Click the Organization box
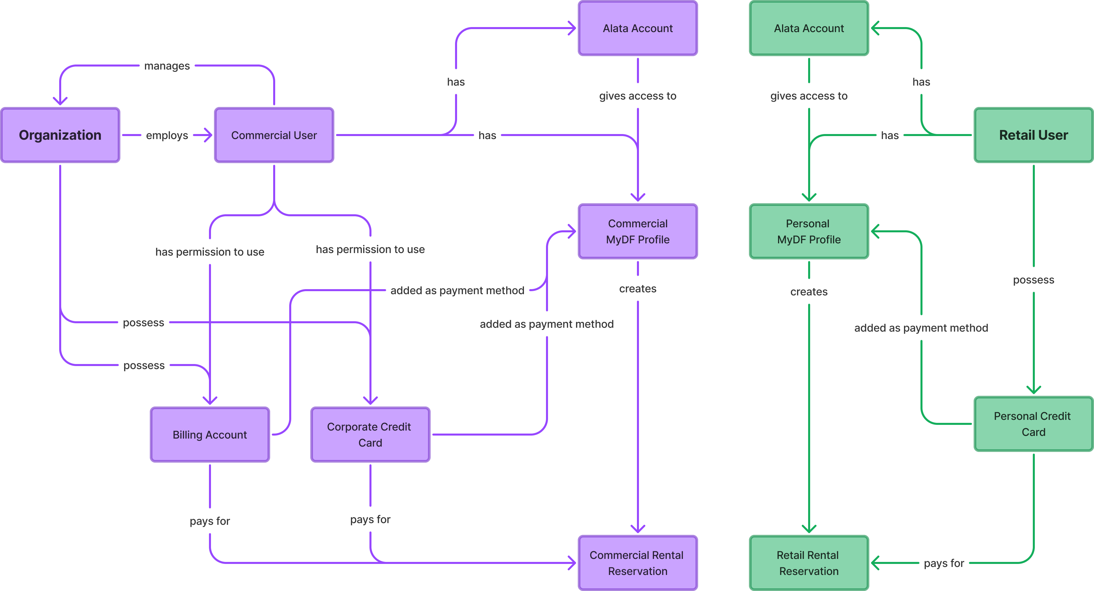point(60,135)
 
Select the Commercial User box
point(274,135)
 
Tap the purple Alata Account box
point(638,28)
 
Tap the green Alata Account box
point(808,28)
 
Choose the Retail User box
point(1033,135)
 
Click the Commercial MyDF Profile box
point(638,231)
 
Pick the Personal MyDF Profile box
point(808,231)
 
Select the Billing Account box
point(210,434)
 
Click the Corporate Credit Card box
point(370,434)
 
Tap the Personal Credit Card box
point(1033,424)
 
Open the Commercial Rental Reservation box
point(638,563)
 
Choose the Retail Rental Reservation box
point(808,563)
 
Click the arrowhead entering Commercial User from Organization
point(208,135)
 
